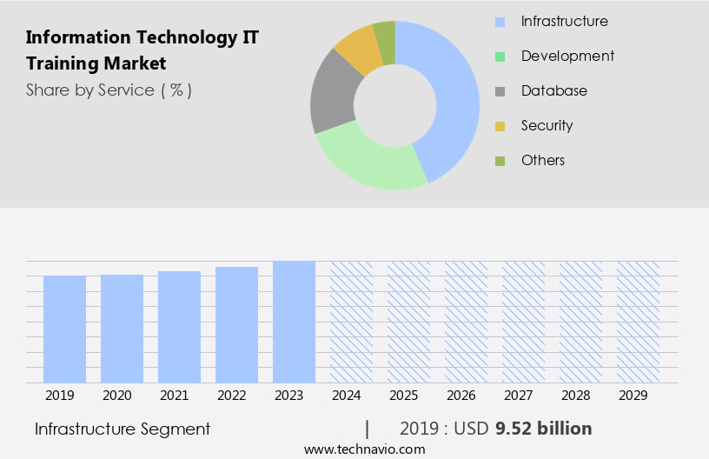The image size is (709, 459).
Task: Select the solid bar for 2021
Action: pyautogui.click(x=179, y=327)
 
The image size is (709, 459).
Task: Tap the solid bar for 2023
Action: pyautogui.click(x=294, y=322)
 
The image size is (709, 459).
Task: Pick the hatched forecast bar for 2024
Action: pyautogui.click(x=351, y=322)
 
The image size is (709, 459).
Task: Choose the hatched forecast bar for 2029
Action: pyautogui.click(x=638, y=322)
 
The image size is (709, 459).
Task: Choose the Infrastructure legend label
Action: pyautogui.click(x=564, y=21)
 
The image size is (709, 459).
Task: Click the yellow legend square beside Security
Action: pyautogui.click(x=500, y=126)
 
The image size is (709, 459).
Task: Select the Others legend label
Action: pyautogui.click(x=543, y=160)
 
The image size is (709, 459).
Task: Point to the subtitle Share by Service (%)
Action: pyautogui.click(x=109, y=90)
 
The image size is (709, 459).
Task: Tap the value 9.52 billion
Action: pyautogui.click(x=543, y=429)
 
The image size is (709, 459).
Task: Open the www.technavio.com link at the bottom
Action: pyautogui.click(x=364, y=449)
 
